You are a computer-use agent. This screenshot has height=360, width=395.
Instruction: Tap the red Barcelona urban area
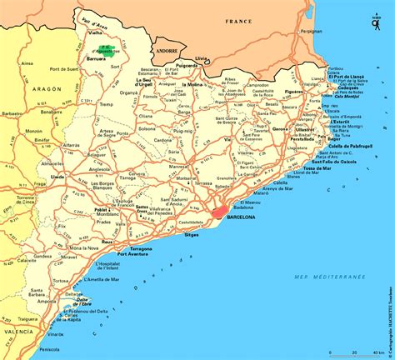221,212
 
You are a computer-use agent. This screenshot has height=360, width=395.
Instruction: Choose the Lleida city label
57,177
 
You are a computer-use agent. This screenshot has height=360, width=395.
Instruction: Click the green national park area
104,49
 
